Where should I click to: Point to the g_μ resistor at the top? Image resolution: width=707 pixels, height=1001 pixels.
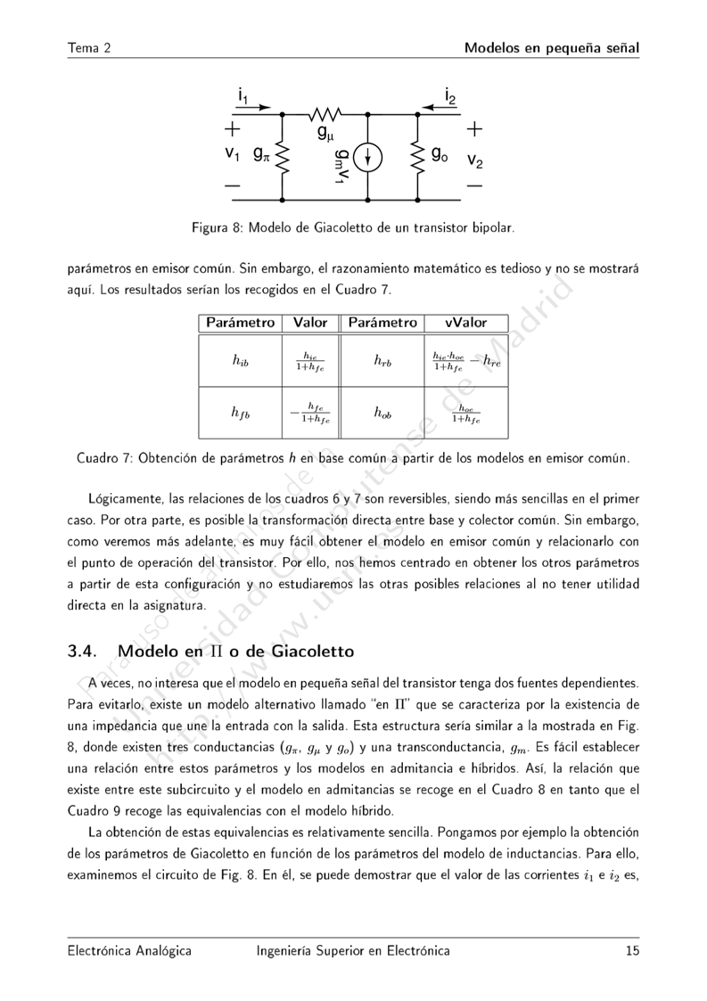[x=325, y=115]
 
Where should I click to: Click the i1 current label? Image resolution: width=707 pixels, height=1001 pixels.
[x=243, y=94]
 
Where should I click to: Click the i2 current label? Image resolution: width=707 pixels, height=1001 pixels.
[x=450, y=94]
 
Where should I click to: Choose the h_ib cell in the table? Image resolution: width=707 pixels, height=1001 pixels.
[x=240, y=360]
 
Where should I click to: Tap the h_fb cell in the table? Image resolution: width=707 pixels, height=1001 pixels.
[x=240, y=413]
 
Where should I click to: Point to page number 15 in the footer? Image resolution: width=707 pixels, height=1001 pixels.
[x=632, y=951]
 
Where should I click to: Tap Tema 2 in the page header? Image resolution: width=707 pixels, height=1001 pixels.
[x=88, y=47]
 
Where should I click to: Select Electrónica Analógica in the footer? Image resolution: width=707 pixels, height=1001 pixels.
[x=129, y=951]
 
